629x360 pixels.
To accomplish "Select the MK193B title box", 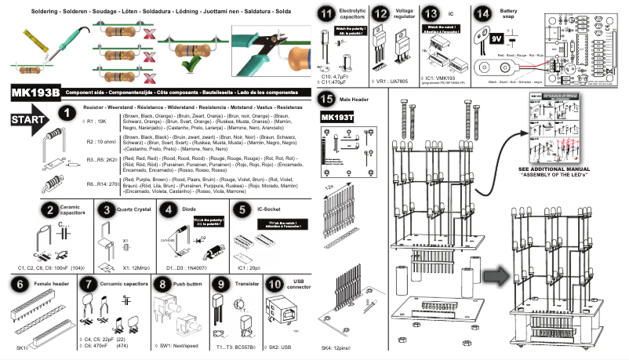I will pyautogui.click(x=35, y=93).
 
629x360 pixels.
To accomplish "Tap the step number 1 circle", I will pyautogui.click(x=67, y=115).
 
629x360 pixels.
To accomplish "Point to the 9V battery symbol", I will pyautogui.click(x=495, y=37).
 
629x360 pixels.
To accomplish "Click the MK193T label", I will pyautogui.click(x=338, y=117).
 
